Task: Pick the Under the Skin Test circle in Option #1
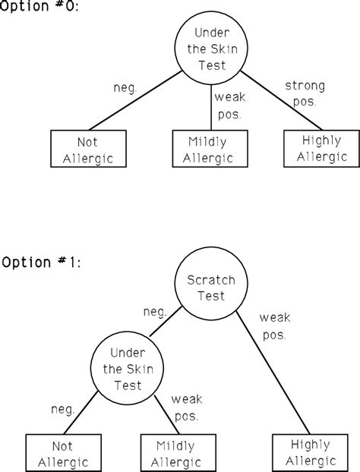(127, 370)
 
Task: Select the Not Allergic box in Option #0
(87, 149)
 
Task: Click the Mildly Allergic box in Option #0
(210, 149)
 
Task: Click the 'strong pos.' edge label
(305, 93)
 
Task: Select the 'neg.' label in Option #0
(124, 88)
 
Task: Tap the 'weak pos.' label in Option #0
(229, 105)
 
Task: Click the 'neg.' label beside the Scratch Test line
(156, 312)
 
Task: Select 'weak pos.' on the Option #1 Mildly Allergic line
(185, 407)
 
